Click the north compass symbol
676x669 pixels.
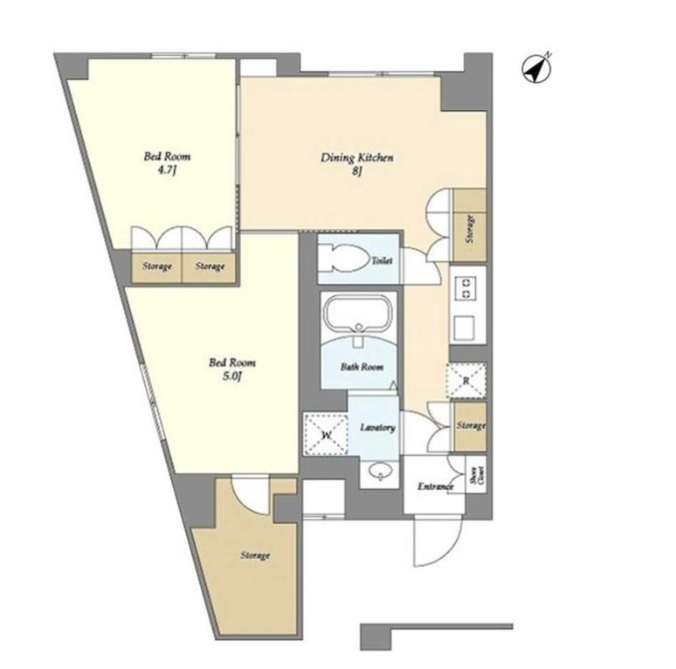537,68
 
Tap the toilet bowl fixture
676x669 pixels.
346,258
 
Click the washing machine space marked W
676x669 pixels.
326,434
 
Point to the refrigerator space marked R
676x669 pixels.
467,381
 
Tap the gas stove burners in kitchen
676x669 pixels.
467,288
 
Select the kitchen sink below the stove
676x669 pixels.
465,327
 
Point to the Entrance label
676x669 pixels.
436,486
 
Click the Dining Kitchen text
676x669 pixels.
357,158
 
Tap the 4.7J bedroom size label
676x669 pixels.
168,170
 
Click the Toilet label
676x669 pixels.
383,260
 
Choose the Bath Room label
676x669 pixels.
362,367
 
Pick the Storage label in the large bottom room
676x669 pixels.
255,555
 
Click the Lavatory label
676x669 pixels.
377,427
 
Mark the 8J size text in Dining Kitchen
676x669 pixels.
356,171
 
